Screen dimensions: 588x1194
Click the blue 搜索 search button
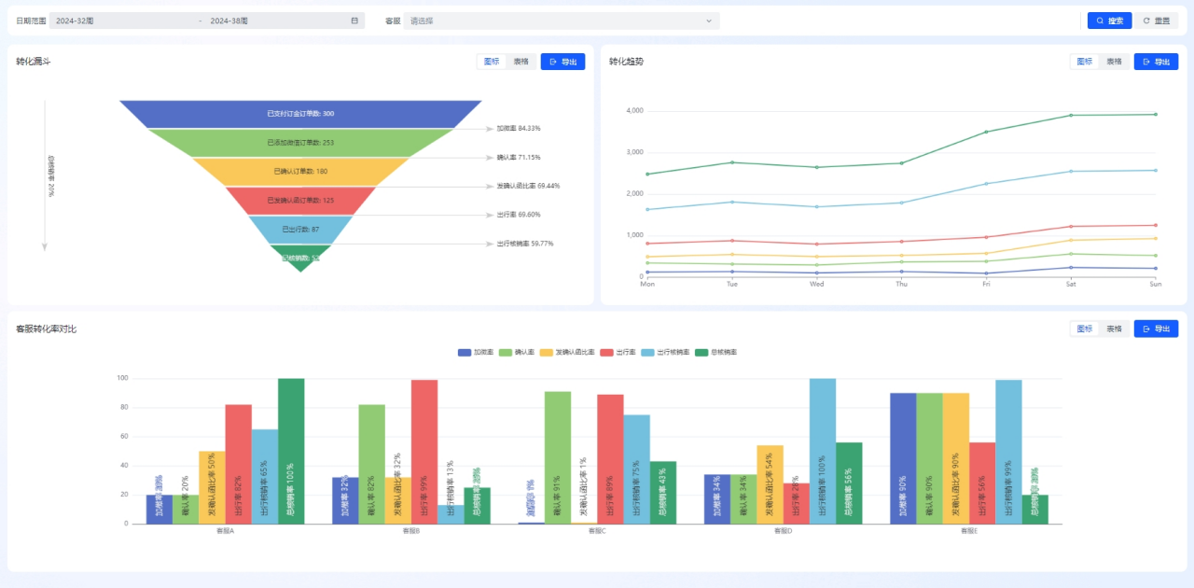pyautogui.click(x=1109, y=21)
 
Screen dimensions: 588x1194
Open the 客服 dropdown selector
pyautogui.click(x=561, y=21)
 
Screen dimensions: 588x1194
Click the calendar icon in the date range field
pyautogui.click(x=354, y=21)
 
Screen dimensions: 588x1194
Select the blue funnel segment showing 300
pyautogui.click(x=300, y=114)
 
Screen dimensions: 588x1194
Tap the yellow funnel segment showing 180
pyautogui.click(x=300, y=172)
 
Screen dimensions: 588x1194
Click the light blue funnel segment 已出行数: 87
pyautogui.click(x=300, y=229)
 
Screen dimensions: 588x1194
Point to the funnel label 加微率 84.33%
pyautogui.click(x=518, y=128)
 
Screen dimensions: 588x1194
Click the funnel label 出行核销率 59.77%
pyautogui.click(x=524, y=244)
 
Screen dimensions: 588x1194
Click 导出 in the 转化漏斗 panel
pyautogui.click(x=562, y=62)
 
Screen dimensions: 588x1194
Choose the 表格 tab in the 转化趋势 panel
pyautogui.click(x=1114, y=62)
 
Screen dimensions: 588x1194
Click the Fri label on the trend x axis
pyautogui.click(x=986, y=284)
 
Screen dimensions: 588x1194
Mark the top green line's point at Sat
pyautogui.click(x=1071, y=116)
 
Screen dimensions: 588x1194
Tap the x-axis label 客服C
pyautogui.click(x=597, y=531)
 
